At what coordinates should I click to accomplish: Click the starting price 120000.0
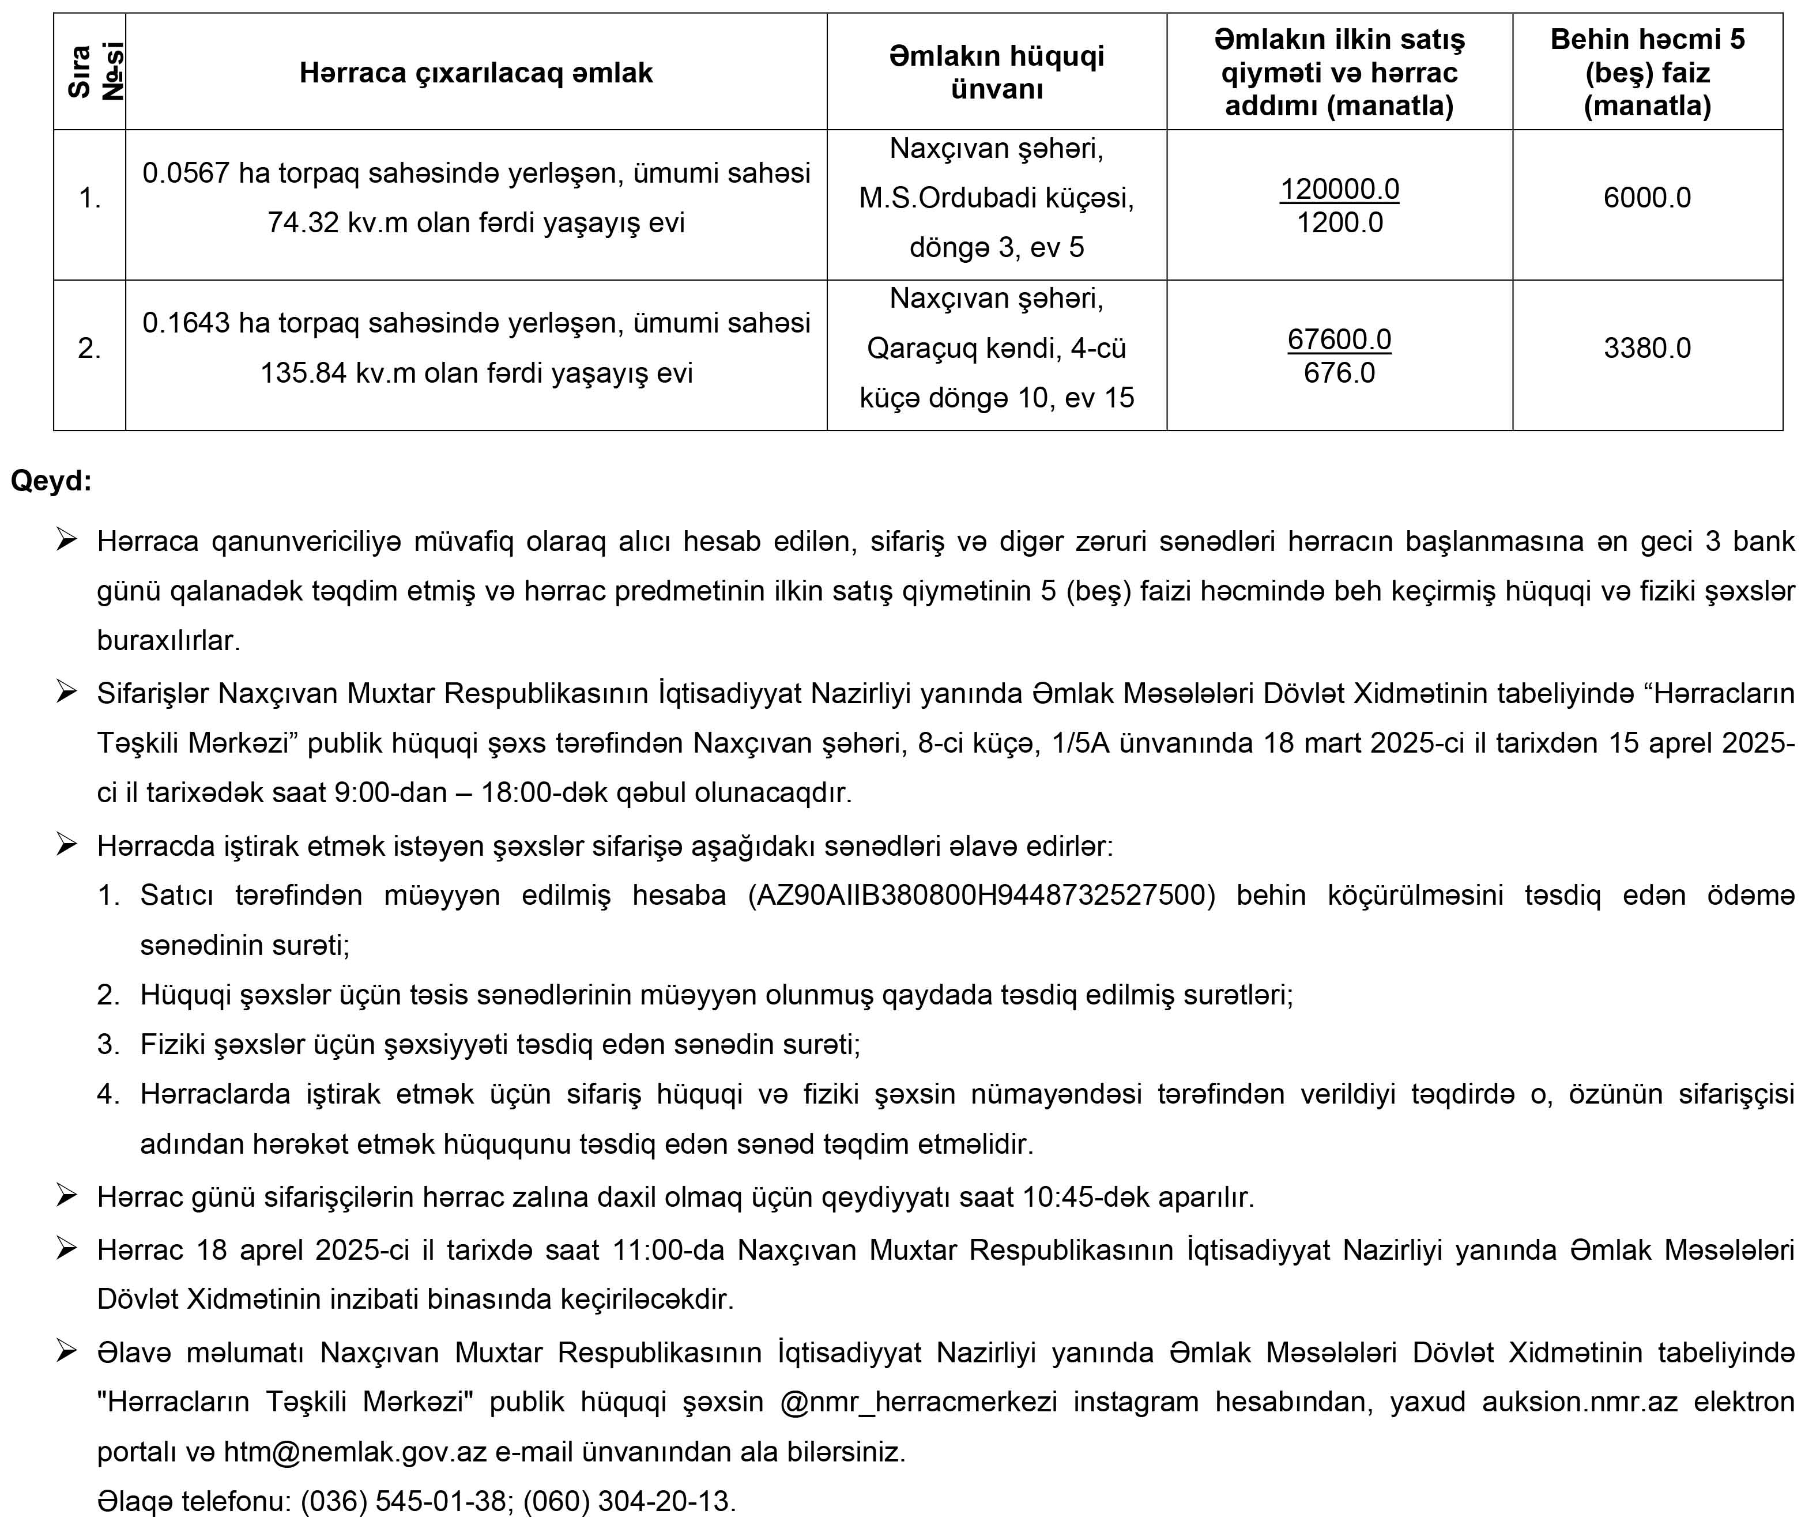[x=1339, y=189]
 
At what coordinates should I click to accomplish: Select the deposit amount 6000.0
[x=1646, y=198]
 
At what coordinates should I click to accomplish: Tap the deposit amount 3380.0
[x=1646, y=347]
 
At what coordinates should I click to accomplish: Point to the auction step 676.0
[x=1339, y=373]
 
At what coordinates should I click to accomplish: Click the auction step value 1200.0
[x=1339, y=222]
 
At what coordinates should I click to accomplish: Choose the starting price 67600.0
[x=1339, y=339]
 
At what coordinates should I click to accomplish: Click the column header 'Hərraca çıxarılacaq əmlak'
[x=476, y=73]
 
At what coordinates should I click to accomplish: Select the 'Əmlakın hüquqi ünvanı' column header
[x=997, y=73]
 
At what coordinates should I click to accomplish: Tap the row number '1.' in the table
[x=89, y=198]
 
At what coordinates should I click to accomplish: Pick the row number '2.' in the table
[x=89, y=348]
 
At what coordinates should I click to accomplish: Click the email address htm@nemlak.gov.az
[x=355, y=1452]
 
